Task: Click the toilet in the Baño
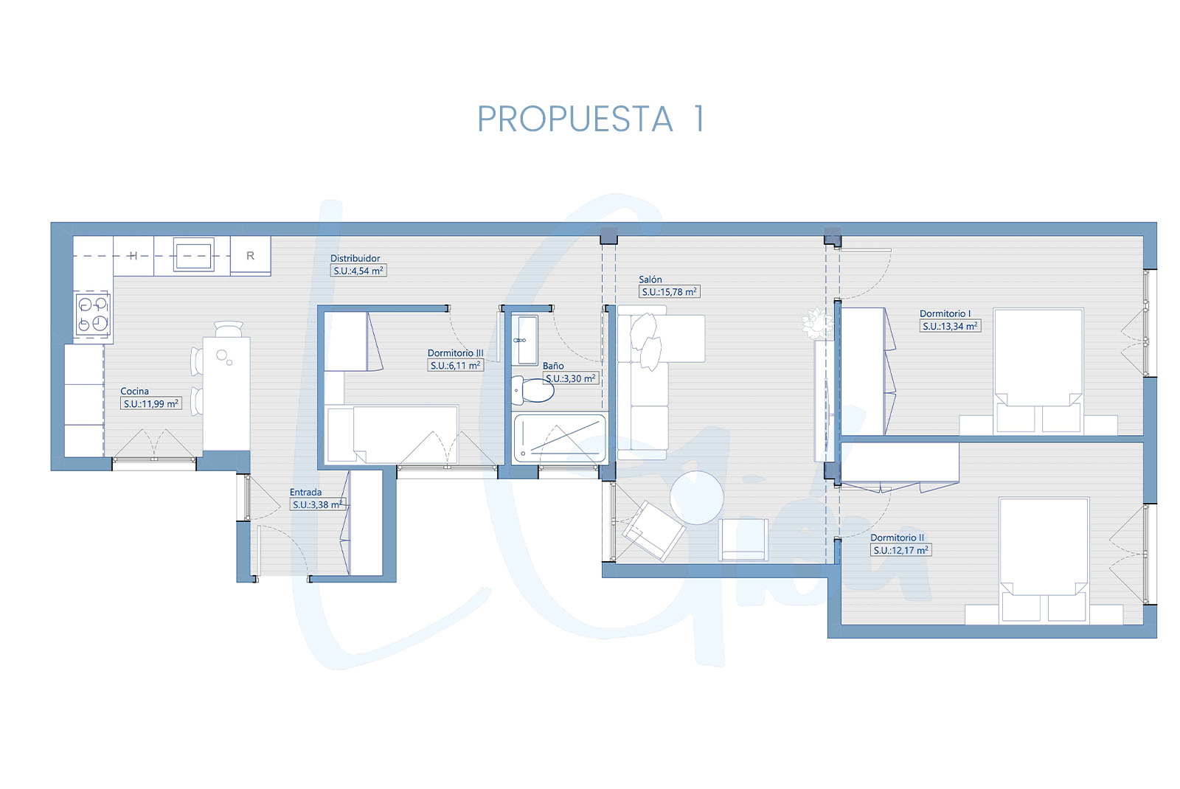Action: [x=533, y=390]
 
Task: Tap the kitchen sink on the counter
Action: [x=193, y=255]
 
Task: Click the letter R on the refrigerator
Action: [x=250, y=255]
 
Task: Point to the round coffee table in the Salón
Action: [x=696, y=497]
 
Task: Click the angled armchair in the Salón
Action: [x=653, y=530]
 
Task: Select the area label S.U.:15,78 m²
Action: [x=669, y=292]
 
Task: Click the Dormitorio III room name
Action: [x=455, y=353]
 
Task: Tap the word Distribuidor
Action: [x=355, y=258]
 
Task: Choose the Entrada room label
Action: [x=305, y=492]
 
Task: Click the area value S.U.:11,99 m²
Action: [x=151, y=404]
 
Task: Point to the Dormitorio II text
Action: [x=897, y=538]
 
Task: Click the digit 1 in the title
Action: [x=699, y=119]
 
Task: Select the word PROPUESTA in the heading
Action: [x=575, y=119]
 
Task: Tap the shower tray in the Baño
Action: [x=560, y=438]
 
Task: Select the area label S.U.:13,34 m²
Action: [x=950, y=327]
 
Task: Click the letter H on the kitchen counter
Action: [x=133, y=256]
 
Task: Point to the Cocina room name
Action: [x=134, y=391]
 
